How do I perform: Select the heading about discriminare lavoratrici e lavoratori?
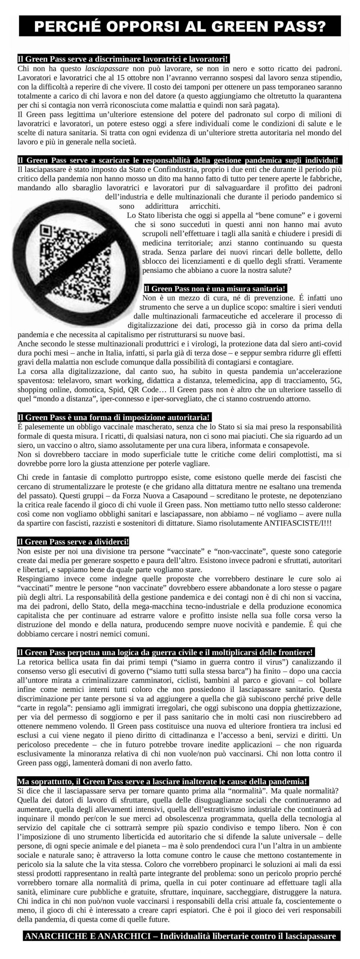pyautogui.click(x=123, y=59)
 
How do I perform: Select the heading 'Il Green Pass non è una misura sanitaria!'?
pyautogui.click(x=215, y=289)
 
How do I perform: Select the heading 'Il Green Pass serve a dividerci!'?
pyautogui.click(x=73, y=542)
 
